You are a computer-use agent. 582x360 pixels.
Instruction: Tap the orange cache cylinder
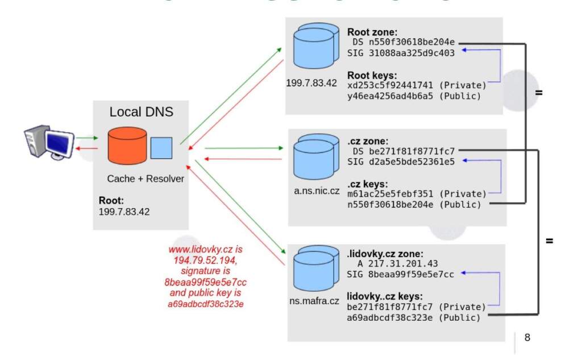(126, 146)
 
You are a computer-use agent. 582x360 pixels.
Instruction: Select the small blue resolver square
(161, 147)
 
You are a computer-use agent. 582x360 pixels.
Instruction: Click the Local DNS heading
(142, 112)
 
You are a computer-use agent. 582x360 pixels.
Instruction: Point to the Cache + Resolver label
(145, 179)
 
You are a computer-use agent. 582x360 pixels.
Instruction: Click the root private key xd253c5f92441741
(390, 86)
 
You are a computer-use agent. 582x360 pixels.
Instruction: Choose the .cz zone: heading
(368, 140)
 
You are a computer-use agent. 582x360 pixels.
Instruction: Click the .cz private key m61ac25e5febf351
(390, 194)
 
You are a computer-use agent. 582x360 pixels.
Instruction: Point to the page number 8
(527, 337)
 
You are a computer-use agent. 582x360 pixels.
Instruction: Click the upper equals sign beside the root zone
(539, 92)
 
